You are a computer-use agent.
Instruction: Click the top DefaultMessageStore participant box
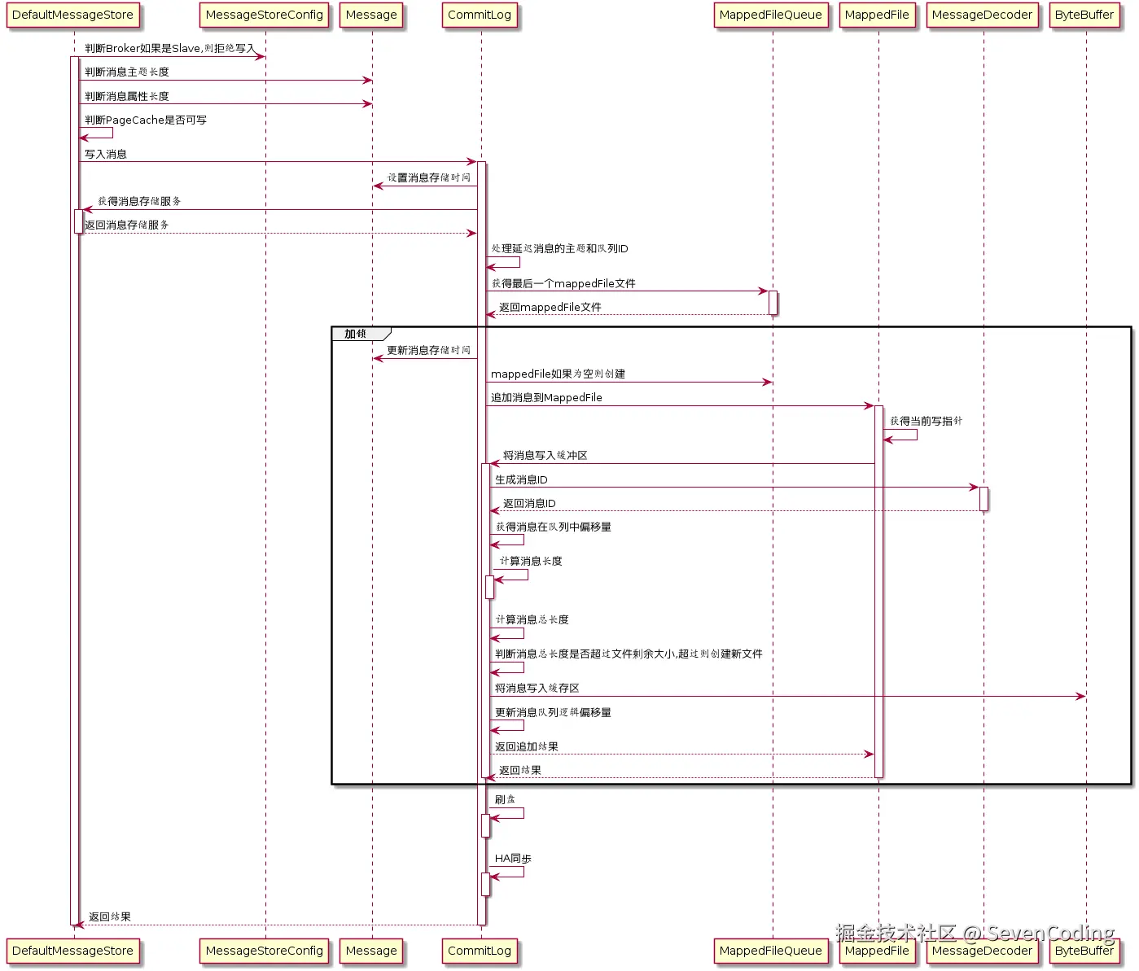pyautogui.click(x=72, y=15)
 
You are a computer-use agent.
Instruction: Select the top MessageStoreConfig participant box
pyautogui.click(x=265, y=15)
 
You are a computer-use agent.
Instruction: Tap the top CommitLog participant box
pyautogui.click(x=480, y=15)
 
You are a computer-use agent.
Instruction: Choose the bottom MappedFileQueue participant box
pyautogui.click(x=770, y=951)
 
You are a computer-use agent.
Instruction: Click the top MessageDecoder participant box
pyautogui.click(x=982, y=15)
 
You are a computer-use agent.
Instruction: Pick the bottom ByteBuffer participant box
pyautogui.click(x=1084, y=951)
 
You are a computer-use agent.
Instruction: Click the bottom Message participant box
pyautogui.click(x=371, y=951)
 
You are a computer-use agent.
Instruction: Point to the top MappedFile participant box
pyautogui.click(x=877, y=15)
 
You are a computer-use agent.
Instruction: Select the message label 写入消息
pyautogui.click(x=106, y=154)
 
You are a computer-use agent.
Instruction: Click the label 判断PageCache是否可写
pyautogui.click(x=146, y=120)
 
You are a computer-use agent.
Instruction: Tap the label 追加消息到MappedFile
pyautogui.click(x=546, y=398)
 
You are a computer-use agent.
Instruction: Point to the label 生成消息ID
pyautogui.click(x=521, y=479)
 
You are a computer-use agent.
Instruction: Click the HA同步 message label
pyautogui.click(x=513, y=859)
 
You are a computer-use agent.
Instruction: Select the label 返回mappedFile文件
pyautogui.click(x=550, y=308)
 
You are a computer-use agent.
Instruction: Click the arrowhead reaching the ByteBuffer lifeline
pyautogui.click(x=1081, y=697)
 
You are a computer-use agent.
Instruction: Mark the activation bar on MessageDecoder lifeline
pyautogui.click(x=983, y=499)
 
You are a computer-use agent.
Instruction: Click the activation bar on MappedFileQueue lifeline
pyautogui.click(x=773, y=303)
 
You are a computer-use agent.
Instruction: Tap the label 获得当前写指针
pyautogui.click(x=927, y=422)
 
